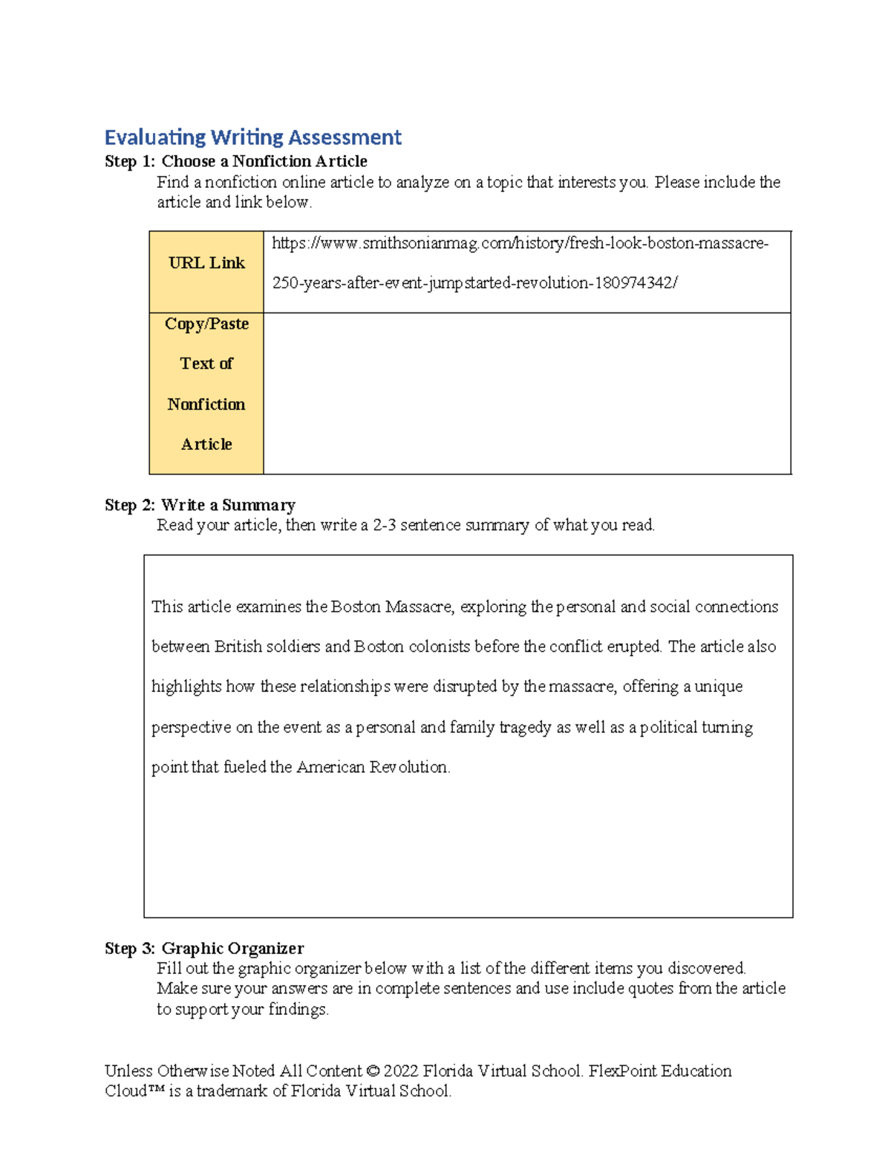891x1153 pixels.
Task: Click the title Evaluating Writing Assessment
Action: [x=252, y=137]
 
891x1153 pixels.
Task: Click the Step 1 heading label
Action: [x=131, y=161]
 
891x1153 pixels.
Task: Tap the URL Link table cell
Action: [x=206, y=264]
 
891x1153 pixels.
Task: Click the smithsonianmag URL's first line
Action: [x=520, y=244]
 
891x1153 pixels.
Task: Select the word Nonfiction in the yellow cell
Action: [x=206, y=405]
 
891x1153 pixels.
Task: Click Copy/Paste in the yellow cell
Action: [x=206, y=324]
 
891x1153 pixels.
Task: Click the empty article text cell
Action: [x=526, y=393]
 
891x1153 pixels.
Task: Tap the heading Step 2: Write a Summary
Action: [x=200, y=505]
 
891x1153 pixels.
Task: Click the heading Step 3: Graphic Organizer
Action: [x=204, y=948]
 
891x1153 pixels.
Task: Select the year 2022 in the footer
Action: [x=401, y=1071]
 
